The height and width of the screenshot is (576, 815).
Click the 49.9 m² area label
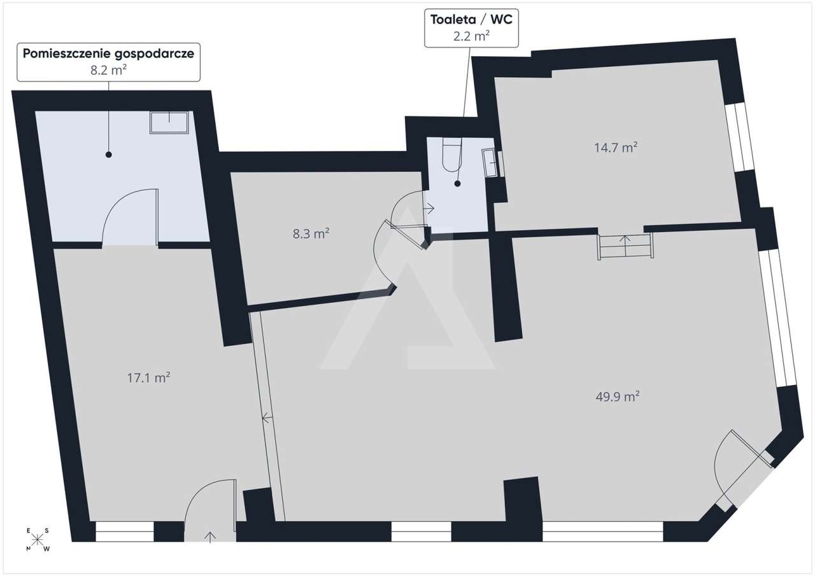618,397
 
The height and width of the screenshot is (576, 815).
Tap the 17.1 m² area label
149,378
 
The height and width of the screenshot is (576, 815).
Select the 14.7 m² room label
616,148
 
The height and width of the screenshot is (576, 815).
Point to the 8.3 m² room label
311,234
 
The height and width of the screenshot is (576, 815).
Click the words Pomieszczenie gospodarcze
108,53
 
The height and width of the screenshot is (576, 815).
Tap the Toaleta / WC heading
472,19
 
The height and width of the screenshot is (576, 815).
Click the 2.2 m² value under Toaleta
471,36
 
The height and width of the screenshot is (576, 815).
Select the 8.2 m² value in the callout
108,70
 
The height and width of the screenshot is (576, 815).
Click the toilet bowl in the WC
452,155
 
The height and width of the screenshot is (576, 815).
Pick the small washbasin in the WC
490,163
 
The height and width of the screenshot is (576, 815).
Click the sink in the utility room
169,123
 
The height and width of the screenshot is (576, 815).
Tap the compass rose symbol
37,540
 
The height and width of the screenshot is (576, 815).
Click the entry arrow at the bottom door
210,537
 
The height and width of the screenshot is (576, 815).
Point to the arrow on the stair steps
625,246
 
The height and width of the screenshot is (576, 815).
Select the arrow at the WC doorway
429,208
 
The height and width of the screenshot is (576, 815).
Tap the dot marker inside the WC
457,184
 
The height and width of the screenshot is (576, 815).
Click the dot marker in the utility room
108,155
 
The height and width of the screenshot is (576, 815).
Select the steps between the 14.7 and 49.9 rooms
625,246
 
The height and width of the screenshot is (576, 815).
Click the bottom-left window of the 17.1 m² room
125,531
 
